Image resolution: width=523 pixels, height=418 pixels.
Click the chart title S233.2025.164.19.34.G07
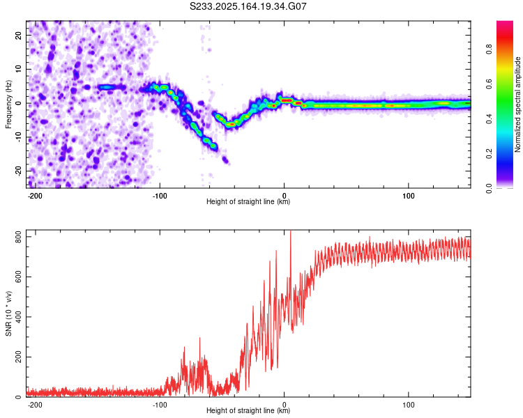248,6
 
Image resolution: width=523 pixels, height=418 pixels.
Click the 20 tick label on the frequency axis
18,35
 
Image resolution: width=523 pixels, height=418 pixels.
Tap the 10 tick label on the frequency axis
18,69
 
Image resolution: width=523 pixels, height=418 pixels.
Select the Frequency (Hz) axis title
8,104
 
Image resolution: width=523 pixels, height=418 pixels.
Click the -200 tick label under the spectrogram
34,196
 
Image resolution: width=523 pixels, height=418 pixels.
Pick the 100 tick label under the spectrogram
408,196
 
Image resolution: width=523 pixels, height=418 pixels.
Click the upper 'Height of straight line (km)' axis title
248,201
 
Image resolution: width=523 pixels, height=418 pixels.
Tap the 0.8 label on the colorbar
489,49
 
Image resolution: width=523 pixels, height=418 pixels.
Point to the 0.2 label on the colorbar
489,153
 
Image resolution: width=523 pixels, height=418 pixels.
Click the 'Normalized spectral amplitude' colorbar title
517,104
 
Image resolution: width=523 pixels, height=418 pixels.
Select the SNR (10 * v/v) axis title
8,313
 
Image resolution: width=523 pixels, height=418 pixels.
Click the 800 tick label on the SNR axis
18,237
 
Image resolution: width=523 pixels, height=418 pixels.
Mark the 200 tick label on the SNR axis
18,357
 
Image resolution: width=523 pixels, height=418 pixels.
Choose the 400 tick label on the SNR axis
18,317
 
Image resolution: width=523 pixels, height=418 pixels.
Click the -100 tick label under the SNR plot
160,405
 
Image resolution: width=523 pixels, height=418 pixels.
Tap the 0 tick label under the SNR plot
285,405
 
